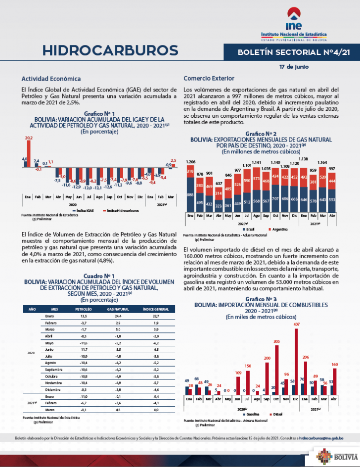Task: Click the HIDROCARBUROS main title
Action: coord(110,50)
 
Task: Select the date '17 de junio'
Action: coord(293,66)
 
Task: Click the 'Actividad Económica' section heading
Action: coord(51,79)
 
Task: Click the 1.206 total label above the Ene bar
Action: coord(191,162)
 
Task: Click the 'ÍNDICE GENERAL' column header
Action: coord(155,309)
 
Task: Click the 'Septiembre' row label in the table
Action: coord(53,370)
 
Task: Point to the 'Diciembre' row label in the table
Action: coord(52,390)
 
